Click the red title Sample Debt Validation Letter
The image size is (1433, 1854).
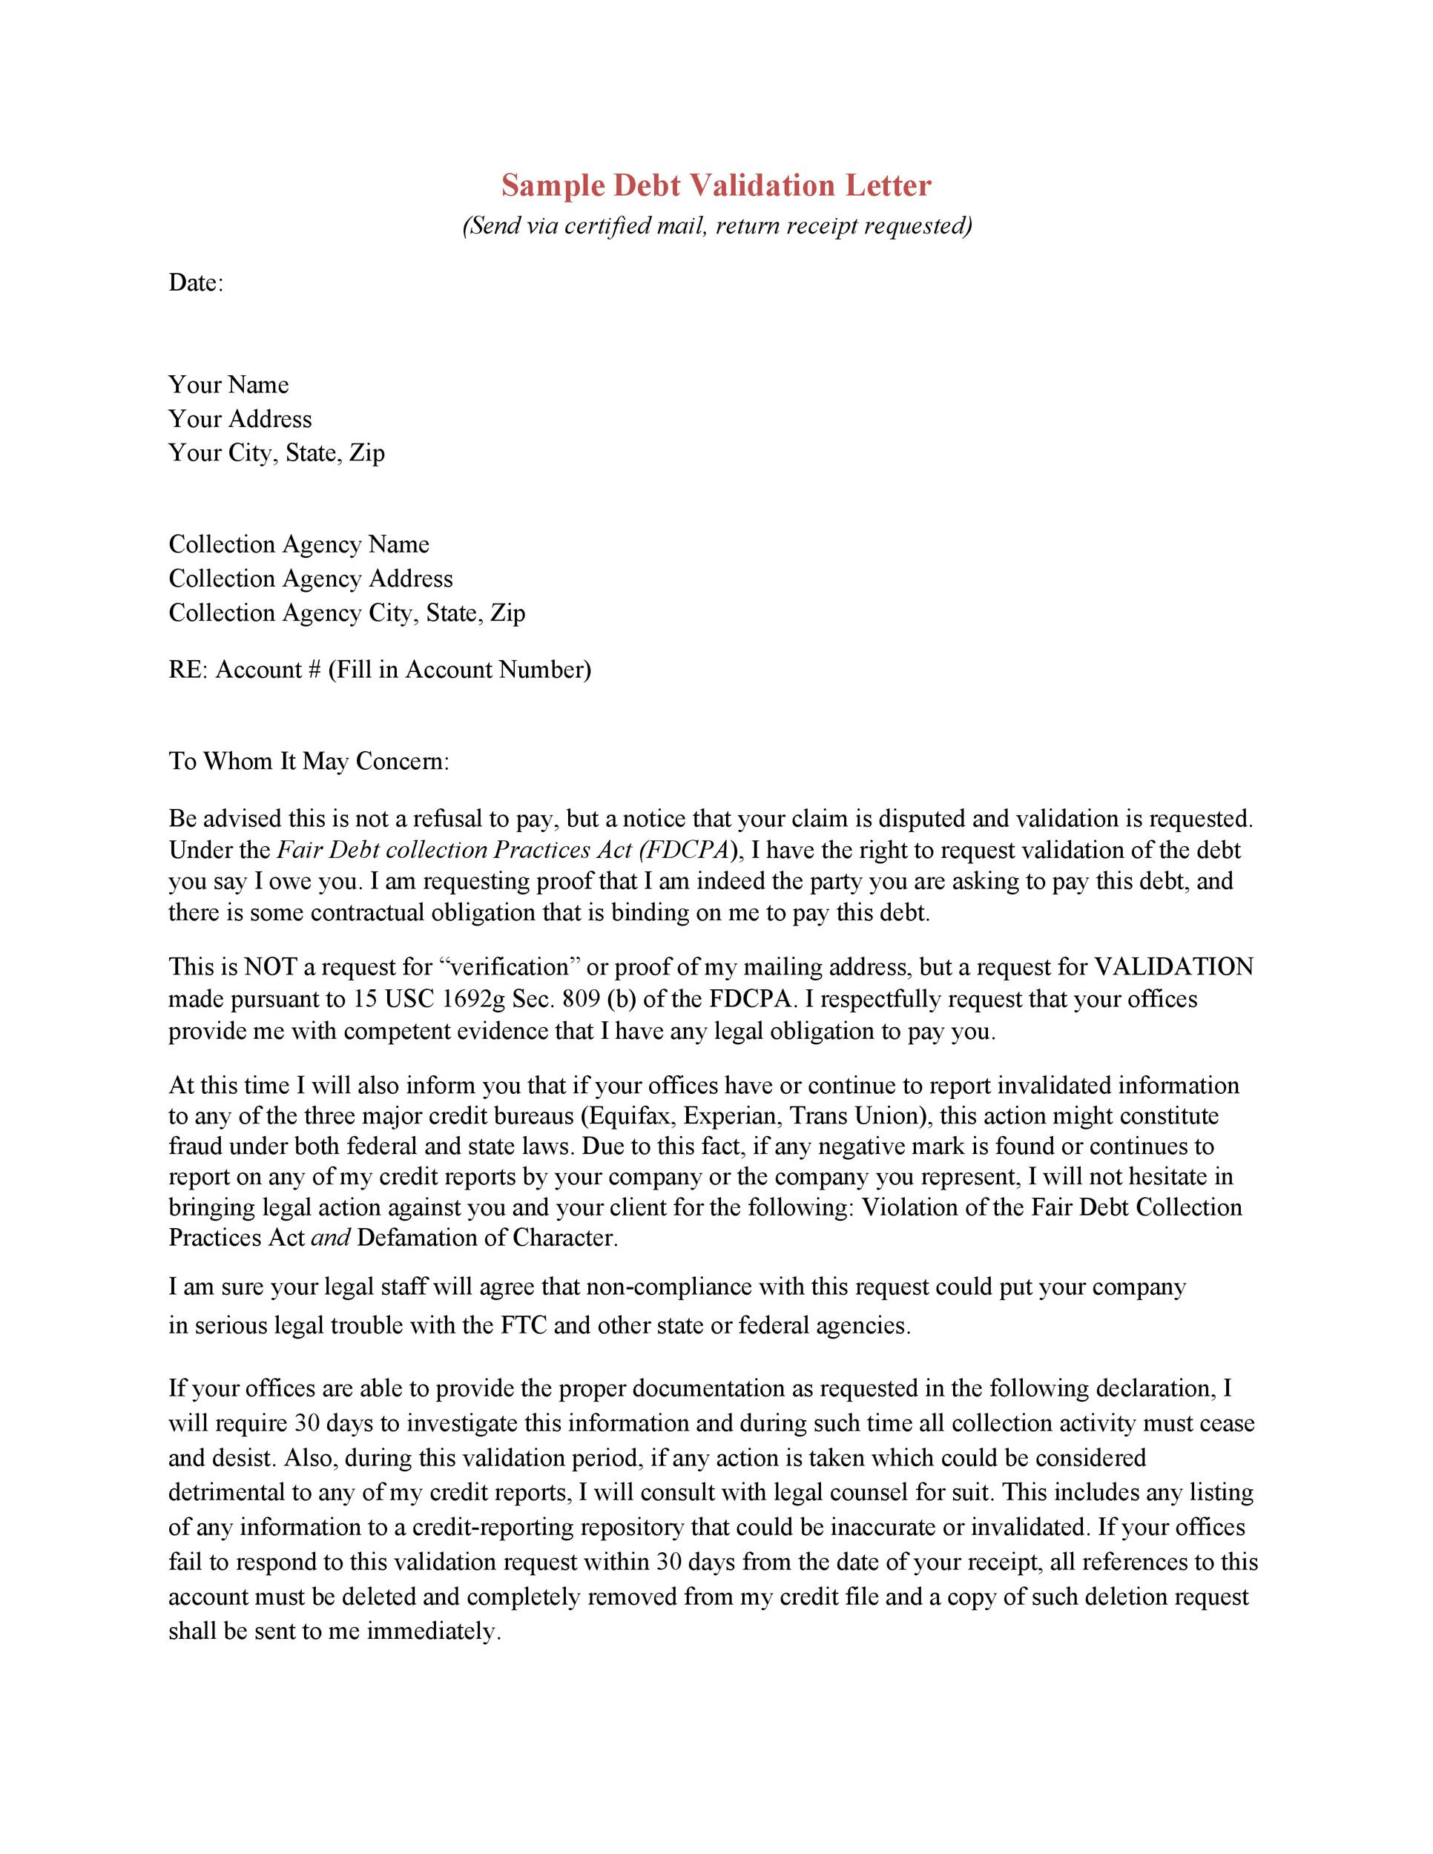pyautogui.click(x=716, y=185)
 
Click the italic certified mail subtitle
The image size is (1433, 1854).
pyautogui.click(x=716, y=225)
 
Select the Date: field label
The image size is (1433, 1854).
pyautogui.click(x=195, y=283)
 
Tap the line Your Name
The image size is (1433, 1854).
pyautogui.click(x=228, y=385)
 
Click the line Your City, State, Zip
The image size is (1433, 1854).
pyautogui.click(x=276, y=452)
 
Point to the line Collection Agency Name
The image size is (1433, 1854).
pyautogui.click(x=299, y=544)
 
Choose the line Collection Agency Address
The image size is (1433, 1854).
pyautogui.click(x=311, y=579)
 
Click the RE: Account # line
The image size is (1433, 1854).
pyautogui.click(x=380, y=670)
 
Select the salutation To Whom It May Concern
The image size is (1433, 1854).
pyautogui.click(x=308, y=761)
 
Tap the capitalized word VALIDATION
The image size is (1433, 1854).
pyautogui.click(x=1173, y=967)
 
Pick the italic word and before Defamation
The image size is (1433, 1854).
pyautogui.click(x=330, y=1238)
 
